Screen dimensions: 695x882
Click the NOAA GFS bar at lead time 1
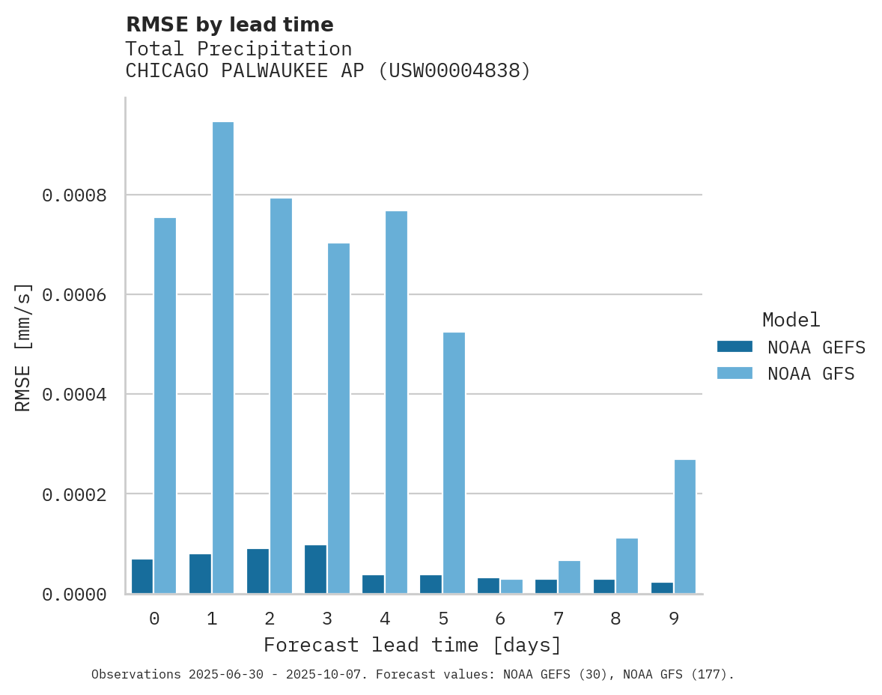(x=223, y=357)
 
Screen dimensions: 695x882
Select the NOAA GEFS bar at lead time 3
(x=315, y=569)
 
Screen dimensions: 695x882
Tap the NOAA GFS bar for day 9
(x=685, y=526)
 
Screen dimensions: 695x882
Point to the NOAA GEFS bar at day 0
(x=142, y=577)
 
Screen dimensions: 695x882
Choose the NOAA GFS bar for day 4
(x=396, y=402)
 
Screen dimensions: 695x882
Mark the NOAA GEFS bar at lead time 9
(x=662, y=588)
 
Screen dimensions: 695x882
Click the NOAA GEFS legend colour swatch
(x=735, y=347)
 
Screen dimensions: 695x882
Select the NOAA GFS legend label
(x=811, y=374)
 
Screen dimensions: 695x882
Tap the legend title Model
(x=791, y=320)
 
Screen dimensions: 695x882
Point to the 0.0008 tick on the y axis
(x=74, y=195)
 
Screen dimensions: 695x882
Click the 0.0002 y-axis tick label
(x=74, y=494)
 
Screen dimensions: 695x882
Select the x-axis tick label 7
(x=558, y=619)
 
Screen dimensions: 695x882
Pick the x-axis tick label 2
(x=270, y=619)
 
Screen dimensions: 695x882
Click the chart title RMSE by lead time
(x=229, y=25)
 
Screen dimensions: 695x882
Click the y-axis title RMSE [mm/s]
(x=23, y=347)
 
